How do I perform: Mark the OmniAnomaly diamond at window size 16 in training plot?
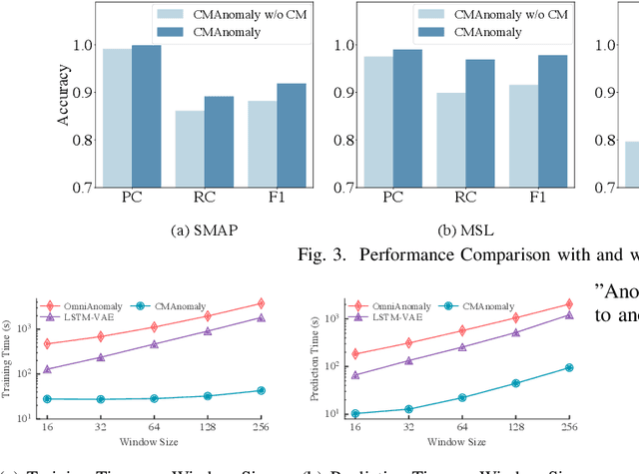46,343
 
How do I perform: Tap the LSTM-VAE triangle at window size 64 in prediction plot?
461,347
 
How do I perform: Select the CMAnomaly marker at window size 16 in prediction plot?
356,413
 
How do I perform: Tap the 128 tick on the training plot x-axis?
207,425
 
